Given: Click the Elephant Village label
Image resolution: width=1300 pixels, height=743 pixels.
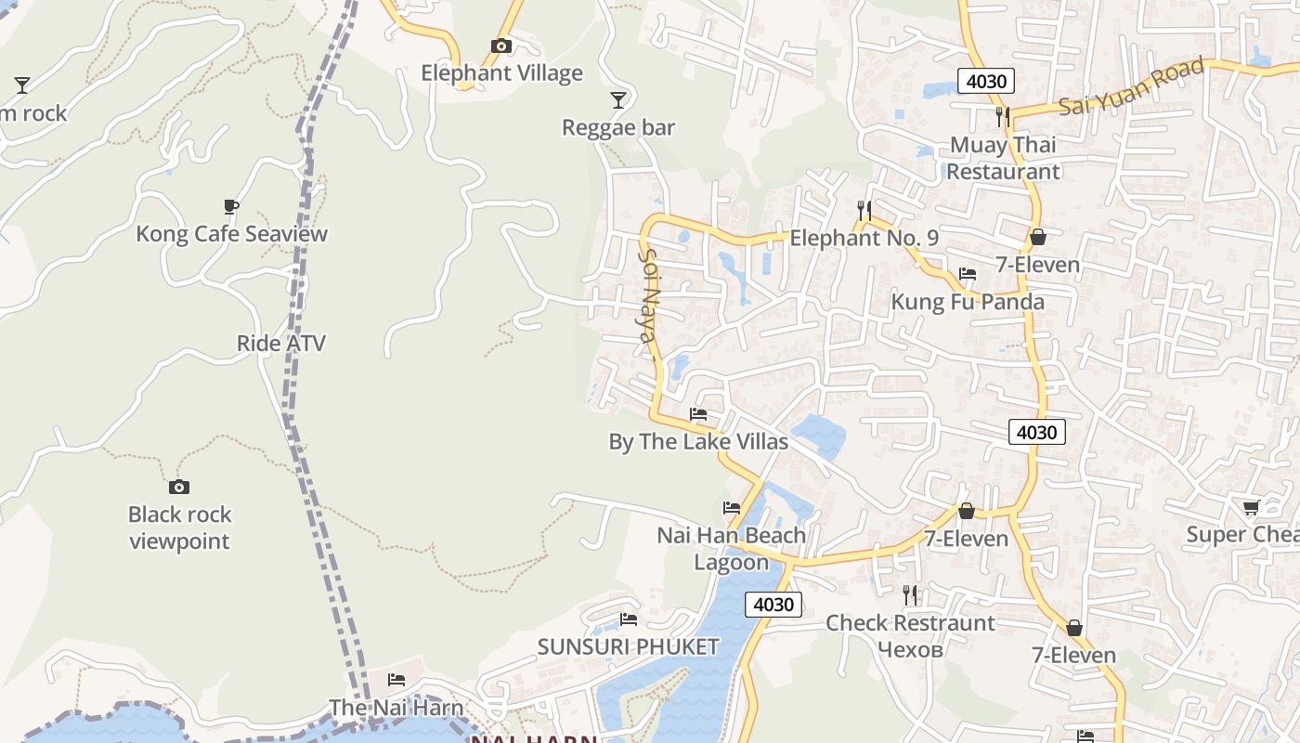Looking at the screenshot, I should (x=501, y=73).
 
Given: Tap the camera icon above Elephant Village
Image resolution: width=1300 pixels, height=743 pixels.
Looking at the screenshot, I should (x=501, y=46).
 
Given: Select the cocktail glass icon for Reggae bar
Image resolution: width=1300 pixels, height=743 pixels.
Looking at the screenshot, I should (x=618, y=99).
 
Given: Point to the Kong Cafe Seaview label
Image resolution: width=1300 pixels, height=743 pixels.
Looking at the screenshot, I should (x=231, y=233).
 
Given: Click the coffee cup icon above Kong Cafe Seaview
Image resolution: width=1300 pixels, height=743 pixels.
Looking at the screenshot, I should (x=231, y=206).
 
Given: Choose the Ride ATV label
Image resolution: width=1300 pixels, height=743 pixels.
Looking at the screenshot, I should (x=281, y=343).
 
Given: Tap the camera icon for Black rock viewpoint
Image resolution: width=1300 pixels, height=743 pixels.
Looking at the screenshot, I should (x=179, y=487).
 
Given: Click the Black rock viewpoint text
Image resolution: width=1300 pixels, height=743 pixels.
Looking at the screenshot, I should (x=179, y=528).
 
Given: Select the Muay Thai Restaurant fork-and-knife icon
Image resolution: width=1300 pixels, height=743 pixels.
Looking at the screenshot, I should (x=1002, y=116).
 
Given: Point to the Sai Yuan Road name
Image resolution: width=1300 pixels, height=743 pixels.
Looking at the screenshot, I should (x=1132, y=86).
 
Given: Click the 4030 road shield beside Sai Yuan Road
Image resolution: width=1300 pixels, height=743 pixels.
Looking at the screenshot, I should (x=986, y=81).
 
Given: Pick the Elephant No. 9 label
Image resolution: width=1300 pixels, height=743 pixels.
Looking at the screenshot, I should (x=864, y=239).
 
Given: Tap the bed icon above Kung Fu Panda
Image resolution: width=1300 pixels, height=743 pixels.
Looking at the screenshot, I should (x=968, y=274).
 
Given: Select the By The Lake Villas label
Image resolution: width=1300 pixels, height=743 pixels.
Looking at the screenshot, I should (x=698, y=441).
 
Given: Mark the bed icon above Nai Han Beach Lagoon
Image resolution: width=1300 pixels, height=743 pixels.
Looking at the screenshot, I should (x=732, y=508).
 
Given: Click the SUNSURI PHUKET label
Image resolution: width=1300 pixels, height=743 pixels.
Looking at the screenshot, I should (x=629, y=646).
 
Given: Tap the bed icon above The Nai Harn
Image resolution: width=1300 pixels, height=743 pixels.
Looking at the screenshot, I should (x=396, y=680).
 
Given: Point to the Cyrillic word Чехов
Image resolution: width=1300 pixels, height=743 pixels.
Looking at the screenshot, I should (x=910, y=649).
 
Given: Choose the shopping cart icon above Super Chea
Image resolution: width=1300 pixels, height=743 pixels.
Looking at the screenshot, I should (x=1251, y=507).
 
